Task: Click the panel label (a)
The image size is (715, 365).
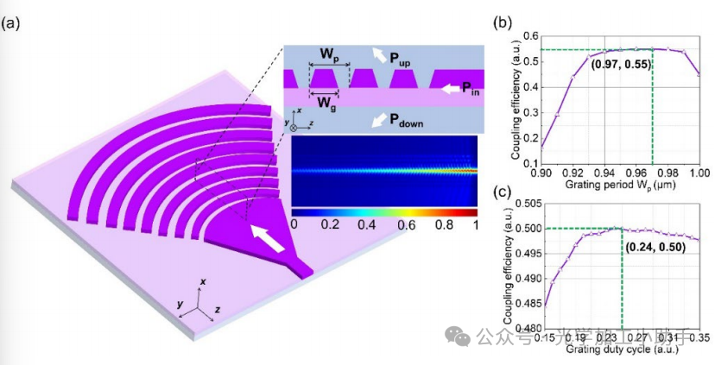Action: coord(13,23)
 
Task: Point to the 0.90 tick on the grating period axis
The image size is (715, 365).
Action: coord(542,172)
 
